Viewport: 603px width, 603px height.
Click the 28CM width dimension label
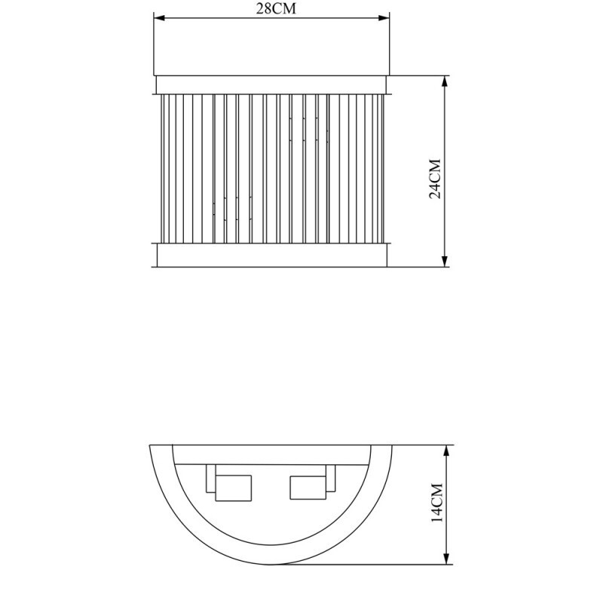pos(271,8)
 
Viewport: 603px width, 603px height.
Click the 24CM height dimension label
pos(436,179)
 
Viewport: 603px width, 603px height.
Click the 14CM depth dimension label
pos(436,504)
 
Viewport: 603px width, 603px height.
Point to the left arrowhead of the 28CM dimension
pos(158,20)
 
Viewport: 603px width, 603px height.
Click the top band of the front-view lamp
pos(271,84)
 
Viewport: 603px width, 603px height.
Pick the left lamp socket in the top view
pos(232,488)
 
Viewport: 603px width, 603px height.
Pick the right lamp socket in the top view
pos(308,488)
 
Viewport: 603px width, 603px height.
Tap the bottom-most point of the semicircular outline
pos(271,565)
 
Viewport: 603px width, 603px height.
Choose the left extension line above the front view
pos(154,45)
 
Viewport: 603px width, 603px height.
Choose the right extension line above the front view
pos(389,45)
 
